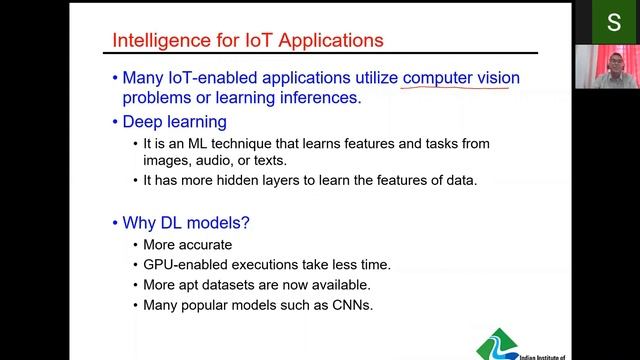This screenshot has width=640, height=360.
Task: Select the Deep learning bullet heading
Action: tap(175, 122)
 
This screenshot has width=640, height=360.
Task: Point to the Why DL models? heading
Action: tap(186, 223)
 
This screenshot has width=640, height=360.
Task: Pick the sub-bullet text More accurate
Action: tap(188, 245)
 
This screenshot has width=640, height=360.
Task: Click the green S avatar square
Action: tap(613, 22)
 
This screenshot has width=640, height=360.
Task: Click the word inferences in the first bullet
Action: tap(318, 98)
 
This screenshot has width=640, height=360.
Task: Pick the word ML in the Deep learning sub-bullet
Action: tap(200, 143)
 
